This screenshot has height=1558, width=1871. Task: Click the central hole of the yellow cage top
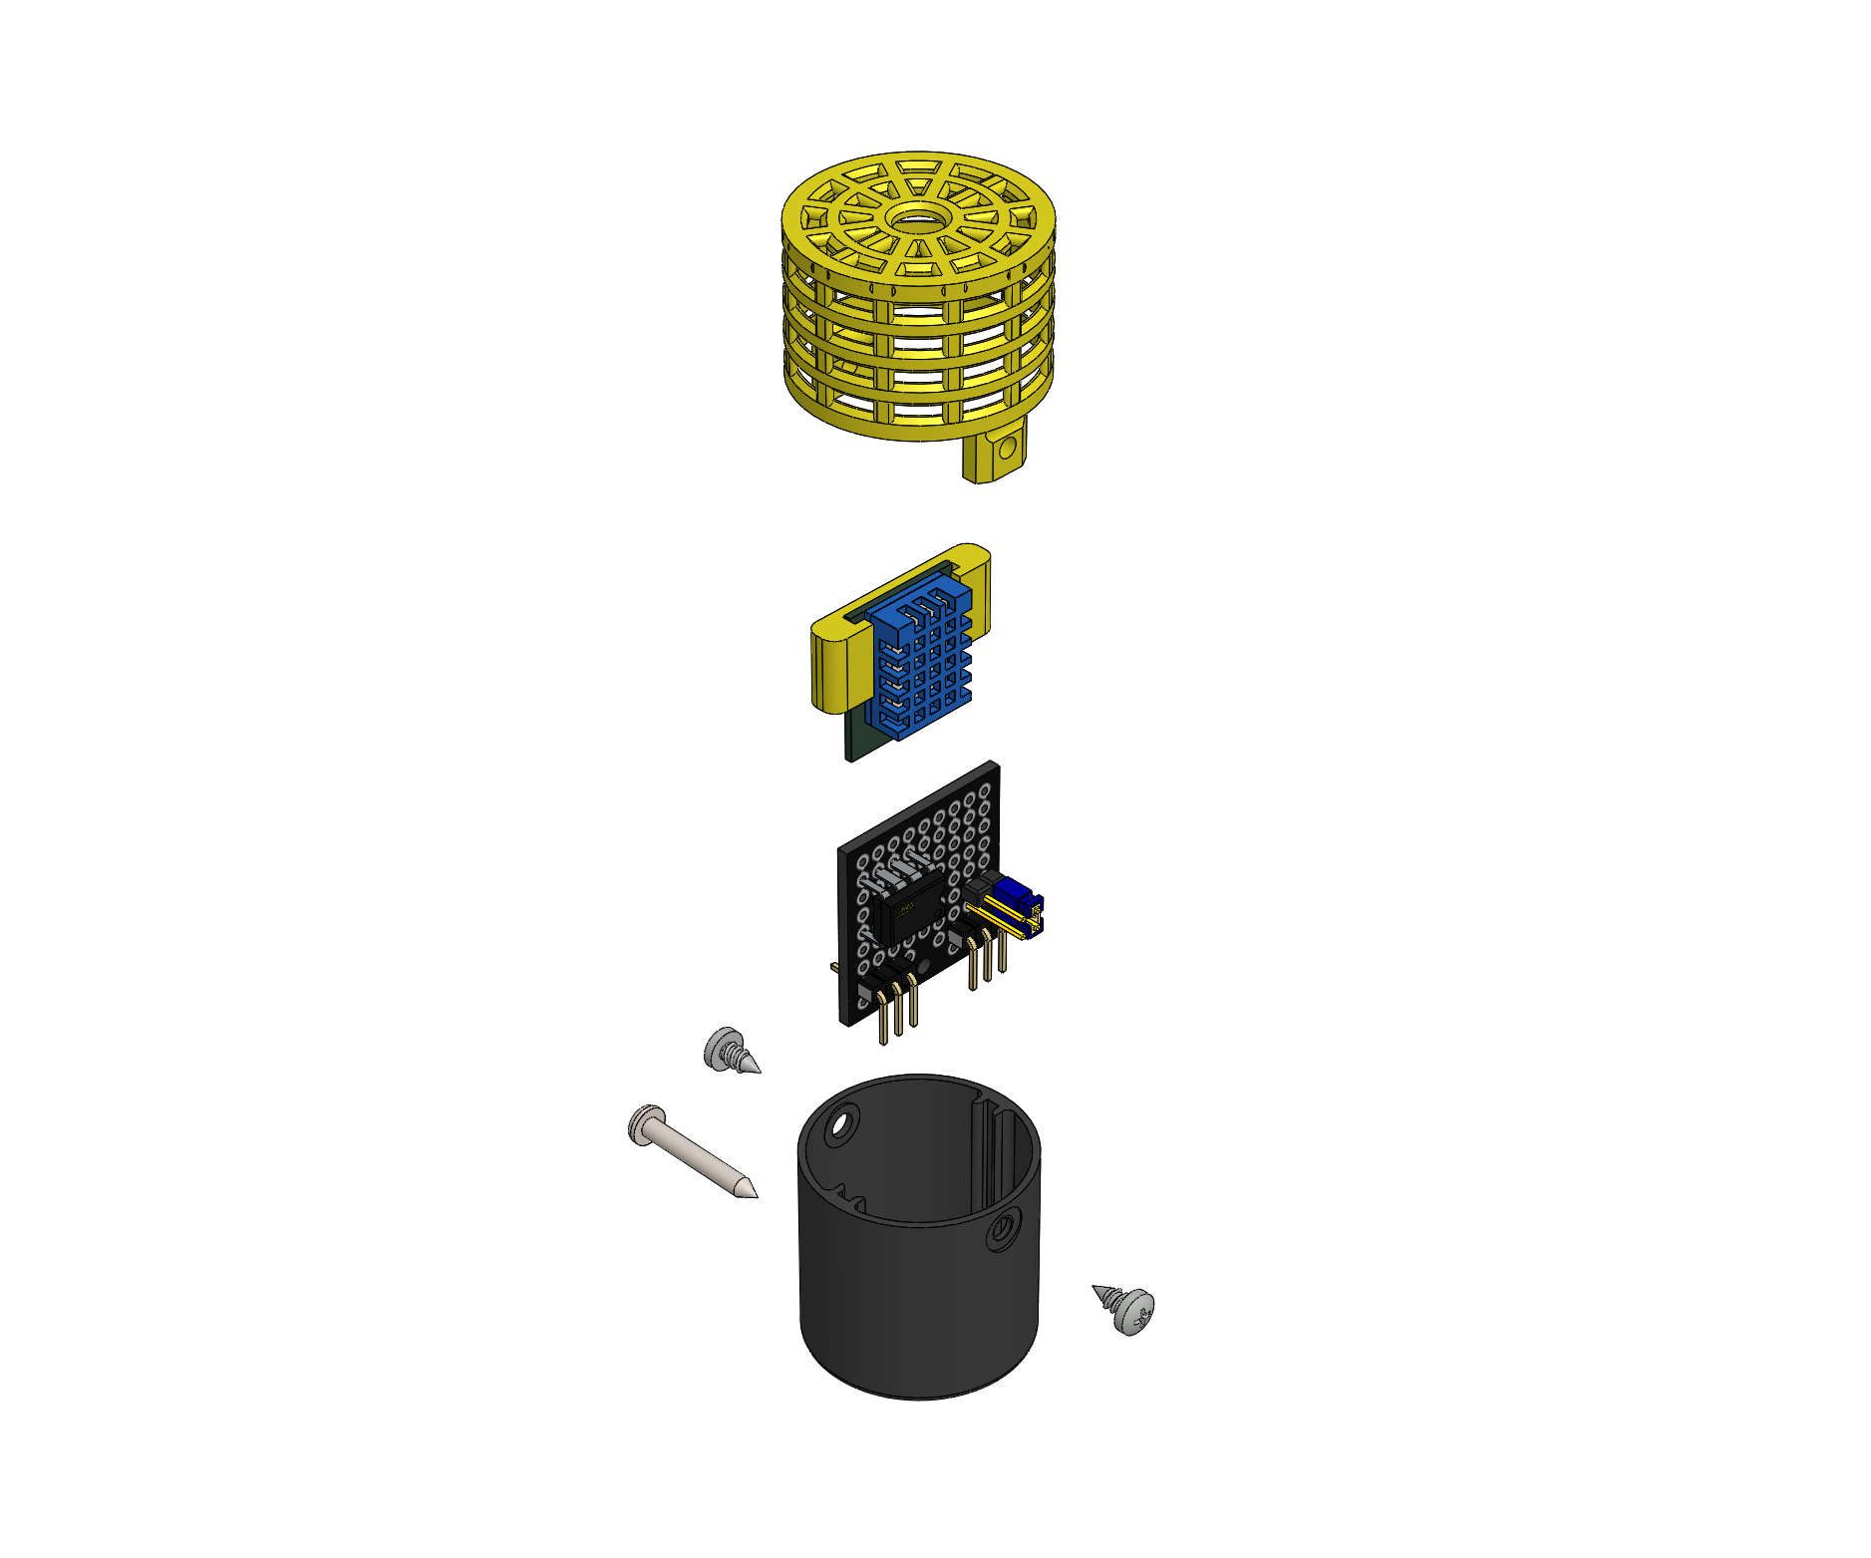(x=918, y=218)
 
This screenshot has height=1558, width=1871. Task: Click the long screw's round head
(x=646, y=1123)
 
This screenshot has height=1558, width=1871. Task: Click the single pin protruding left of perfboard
(x=833, y=967)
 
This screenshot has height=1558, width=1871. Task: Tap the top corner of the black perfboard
(x=994, y=765)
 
